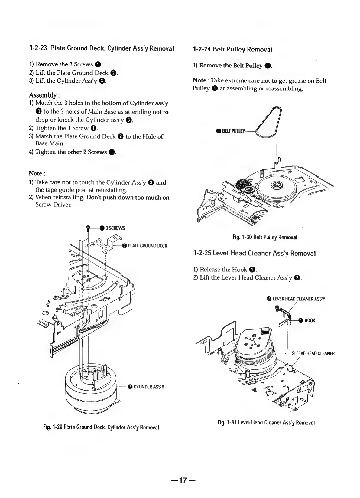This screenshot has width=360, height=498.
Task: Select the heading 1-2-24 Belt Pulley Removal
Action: [x=232, y=49]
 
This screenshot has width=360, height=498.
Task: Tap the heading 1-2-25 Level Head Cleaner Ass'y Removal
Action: [x=254, y=253]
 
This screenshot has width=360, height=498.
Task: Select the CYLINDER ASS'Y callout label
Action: [x=146, y=387]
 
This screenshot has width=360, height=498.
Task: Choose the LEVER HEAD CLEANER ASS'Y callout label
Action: [x=296, y=299]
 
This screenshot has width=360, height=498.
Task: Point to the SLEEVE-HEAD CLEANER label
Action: [x=313, y=353]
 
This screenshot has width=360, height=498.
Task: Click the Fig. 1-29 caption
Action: [x=101, y=427]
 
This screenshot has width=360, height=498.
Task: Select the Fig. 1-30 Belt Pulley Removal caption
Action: [x=265, y=237]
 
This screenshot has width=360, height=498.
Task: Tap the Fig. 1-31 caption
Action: [x=266, y=422]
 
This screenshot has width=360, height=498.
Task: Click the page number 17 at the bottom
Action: [x=180, y=480]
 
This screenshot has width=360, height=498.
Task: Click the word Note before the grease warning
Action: [x=199, y=80]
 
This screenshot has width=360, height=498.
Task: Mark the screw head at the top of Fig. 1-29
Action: [x=89, y=227]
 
